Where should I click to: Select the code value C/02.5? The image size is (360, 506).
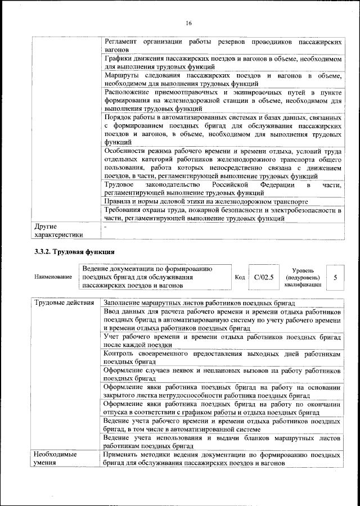click(263, 277)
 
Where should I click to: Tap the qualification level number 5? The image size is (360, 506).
click(335, 278)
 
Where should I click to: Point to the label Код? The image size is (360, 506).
click(239, 277)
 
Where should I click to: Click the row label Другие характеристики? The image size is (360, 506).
click(55, 230)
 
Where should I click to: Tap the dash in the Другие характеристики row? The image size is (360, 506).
click(105, 225)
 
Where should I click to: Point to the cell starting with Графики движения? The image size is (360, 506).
click(223, 62)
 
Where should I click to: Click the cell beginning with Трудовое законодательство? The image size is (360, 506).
click(223, 188)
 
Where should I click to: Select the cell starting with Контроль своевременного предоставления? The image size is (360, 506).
click(223, 359)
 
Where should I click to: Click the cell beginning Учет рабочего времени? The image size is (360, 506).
click(223, 340)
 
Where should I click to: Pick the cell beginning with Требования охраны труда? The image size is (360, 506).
click(223, 214)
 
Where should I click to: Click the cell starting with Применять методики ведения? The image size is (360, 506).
click(223, 458)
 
